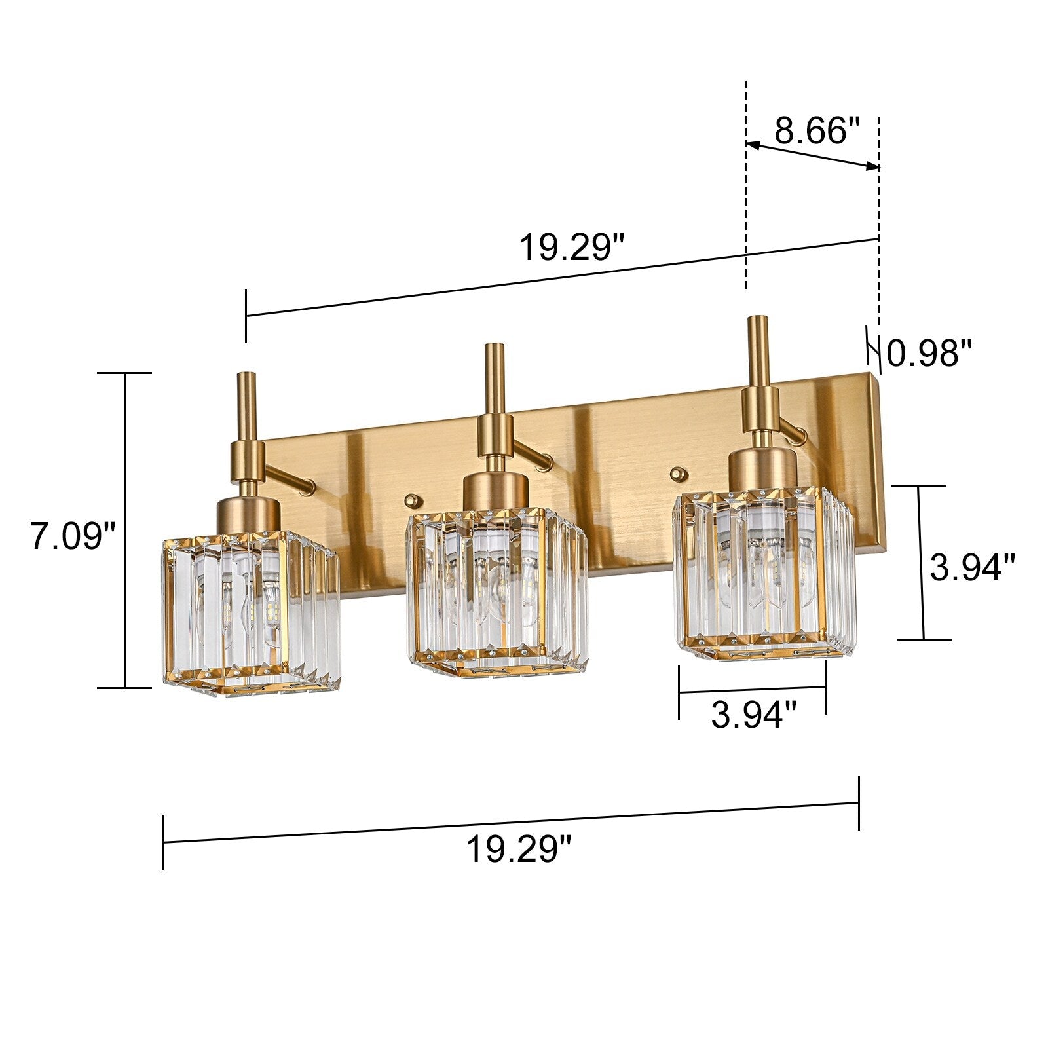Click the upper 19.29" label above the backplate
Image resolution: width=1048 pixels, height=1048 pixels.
tap(572, 248)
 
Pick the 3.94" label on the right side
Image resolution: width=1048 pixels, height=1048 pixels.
tap(972, 567)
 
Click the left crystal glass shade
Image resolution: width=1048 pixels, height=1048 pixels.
tap(249, 612)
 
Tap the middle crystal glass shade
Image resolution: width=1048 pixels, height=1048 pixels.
tap(496, 589)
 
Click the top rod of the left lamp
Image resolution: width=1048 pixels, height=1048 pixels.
tap(247, 406)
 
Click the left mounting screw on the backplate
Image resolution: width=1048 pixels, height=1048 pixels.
tap(411, 500)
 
